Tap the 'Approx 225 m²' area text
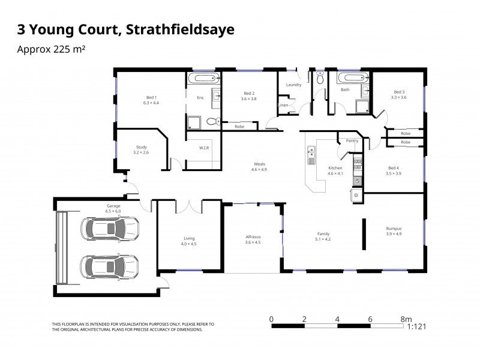click(51, 50)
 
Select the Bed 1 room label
click(151, 97)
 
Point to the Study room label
click(140, 147)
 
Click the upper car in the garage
click(112, 228)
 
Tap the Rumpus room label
click(394, 229)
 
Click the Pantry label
click(352, 141)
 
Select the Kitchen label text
click(335, 168)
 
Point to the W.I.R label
click(204, 148)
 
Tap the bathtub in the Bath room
click(352, 78)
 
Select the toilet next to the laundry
click(320, 79)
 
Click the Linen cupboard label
click(284, 105)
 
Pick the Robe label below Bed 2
click(239, 127)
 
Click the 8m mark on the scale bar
click(406, 319)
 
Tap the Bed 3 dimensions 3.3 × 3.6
click(398, 97)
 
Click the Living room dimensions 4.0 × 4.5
click(189, 244)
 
